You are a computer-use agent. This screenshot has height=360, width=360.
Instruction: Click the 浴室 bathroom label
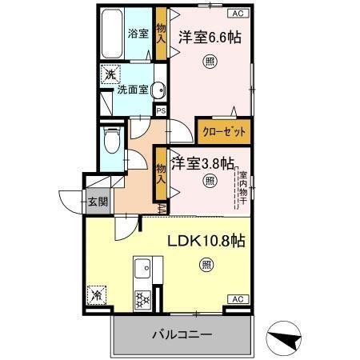(x=138, y=33)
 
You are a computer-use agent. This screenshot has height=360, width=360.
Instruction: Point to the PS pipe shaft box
(x=161, y=110)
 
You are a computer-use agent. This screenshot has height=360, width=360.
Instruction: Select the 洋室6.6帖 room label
(x=210, y=37)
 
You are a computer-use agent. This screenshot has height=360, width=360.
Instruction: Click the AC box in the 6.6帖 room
(x=238, y=14)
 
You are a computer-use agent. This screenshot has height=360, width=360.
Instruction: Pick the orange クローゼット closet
(x=223, y=131)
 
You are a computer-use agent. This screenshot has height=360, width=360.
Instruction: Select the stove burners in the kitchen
(x=144, y=300)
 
